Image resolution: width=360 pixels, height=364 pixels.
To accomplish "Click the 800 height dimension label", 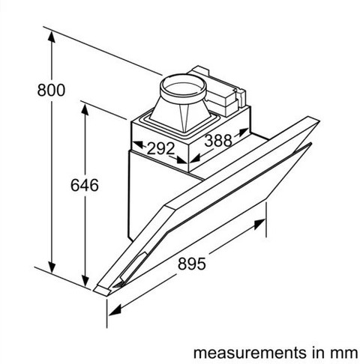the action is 51,90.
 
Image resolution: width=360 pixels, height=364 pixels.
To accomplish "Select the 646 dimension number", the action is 85,185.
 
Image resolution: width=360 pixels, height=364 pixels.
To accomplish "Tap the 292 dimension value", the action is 160,148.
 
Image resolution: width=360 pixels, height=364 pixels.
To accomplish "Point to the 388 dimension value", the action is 218,140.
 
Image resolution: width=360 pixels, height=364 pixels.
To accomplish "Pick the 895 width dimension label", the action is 192,264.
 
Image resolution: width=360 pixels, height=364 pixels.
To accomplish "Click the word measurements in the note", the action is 250,353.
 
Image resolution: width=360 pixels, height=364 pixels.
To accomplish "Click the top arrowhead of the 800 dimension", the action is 52,37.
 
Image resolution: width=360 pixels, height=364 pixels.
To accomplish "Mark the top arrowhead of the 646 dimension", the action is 85,109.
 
